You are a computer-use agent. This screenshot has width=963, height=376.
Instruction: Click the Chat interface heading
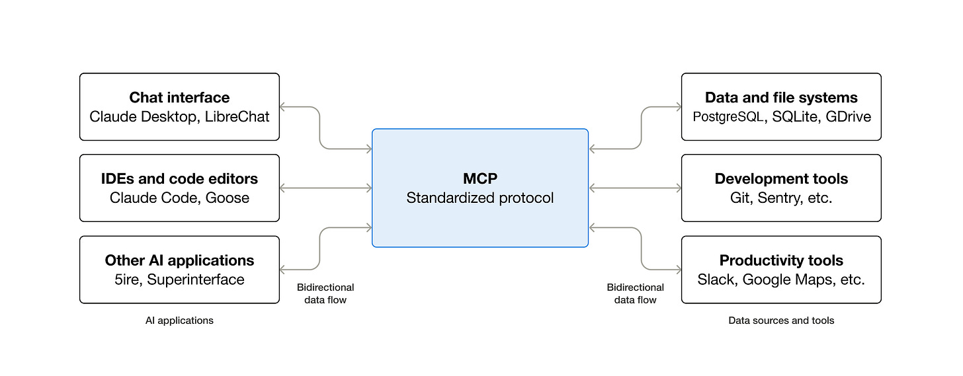[179, 98]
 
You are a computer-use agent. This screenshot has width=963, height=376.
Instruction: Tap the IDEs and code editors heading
[179, 179]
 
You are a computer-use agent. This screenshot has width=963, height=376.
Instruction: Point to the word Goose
[227, 198]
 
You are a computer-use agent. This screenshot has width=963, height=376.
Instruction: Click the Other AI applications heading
[179, 260]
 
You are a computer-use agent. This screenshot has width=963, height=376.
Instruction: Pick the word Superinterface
[196, 280]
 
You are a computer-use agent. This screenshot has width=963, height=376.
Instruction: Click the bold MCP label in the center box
[480, 179]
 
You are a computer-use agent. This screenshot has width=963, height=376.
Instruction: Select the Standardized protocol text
[480, 198]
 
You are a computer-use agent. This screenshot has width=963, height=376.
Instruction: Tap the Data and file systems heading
[781, 98]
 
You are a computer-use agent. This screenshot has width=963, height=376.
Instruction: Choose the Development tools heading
[781, 179]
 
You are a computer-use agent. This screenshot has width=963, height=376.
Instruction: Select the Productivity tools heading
[781, 260]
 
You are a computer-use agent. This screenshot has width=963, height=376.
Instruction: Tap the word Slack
[716, 280]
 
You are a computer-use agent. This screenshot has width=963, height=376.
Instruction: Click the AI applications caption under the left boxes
[179, 320]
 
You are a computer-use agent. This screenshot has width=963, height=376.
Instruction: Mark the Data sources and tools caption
[781, 320]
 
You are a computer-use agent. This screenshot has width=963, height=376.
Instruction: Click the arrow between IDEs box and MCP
[325, 188]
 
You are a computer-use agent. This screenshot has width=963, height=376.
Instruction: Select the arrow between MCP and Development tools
[635, 188]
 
